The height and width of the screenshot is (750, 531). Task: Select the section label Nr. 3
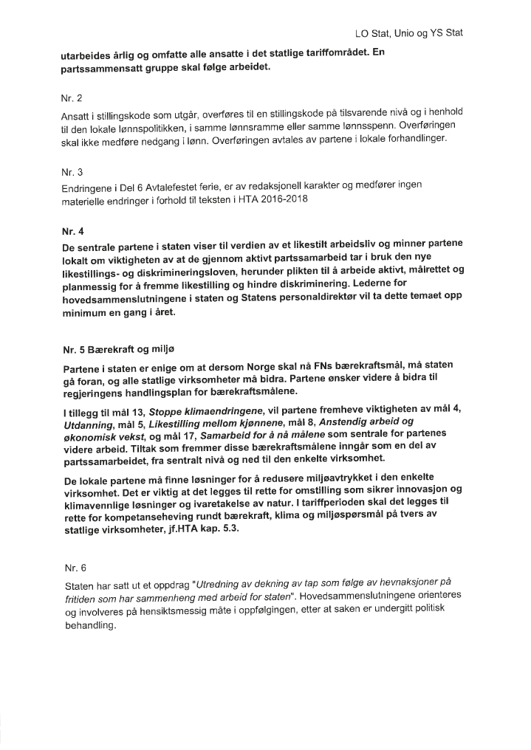pos(72,170)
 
